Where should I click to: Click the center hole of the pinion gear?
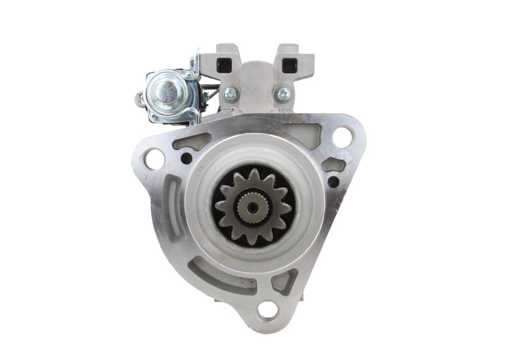[x=253, y=205]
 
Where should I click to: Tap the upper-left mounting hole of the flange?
[x=154, y=158]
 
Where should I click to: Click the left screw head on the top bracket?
[x=230, y=94]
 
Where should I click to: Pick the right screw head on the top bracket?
[x=283, y=94]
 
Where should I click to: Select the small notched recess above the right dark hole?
[x=333, y=164]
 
